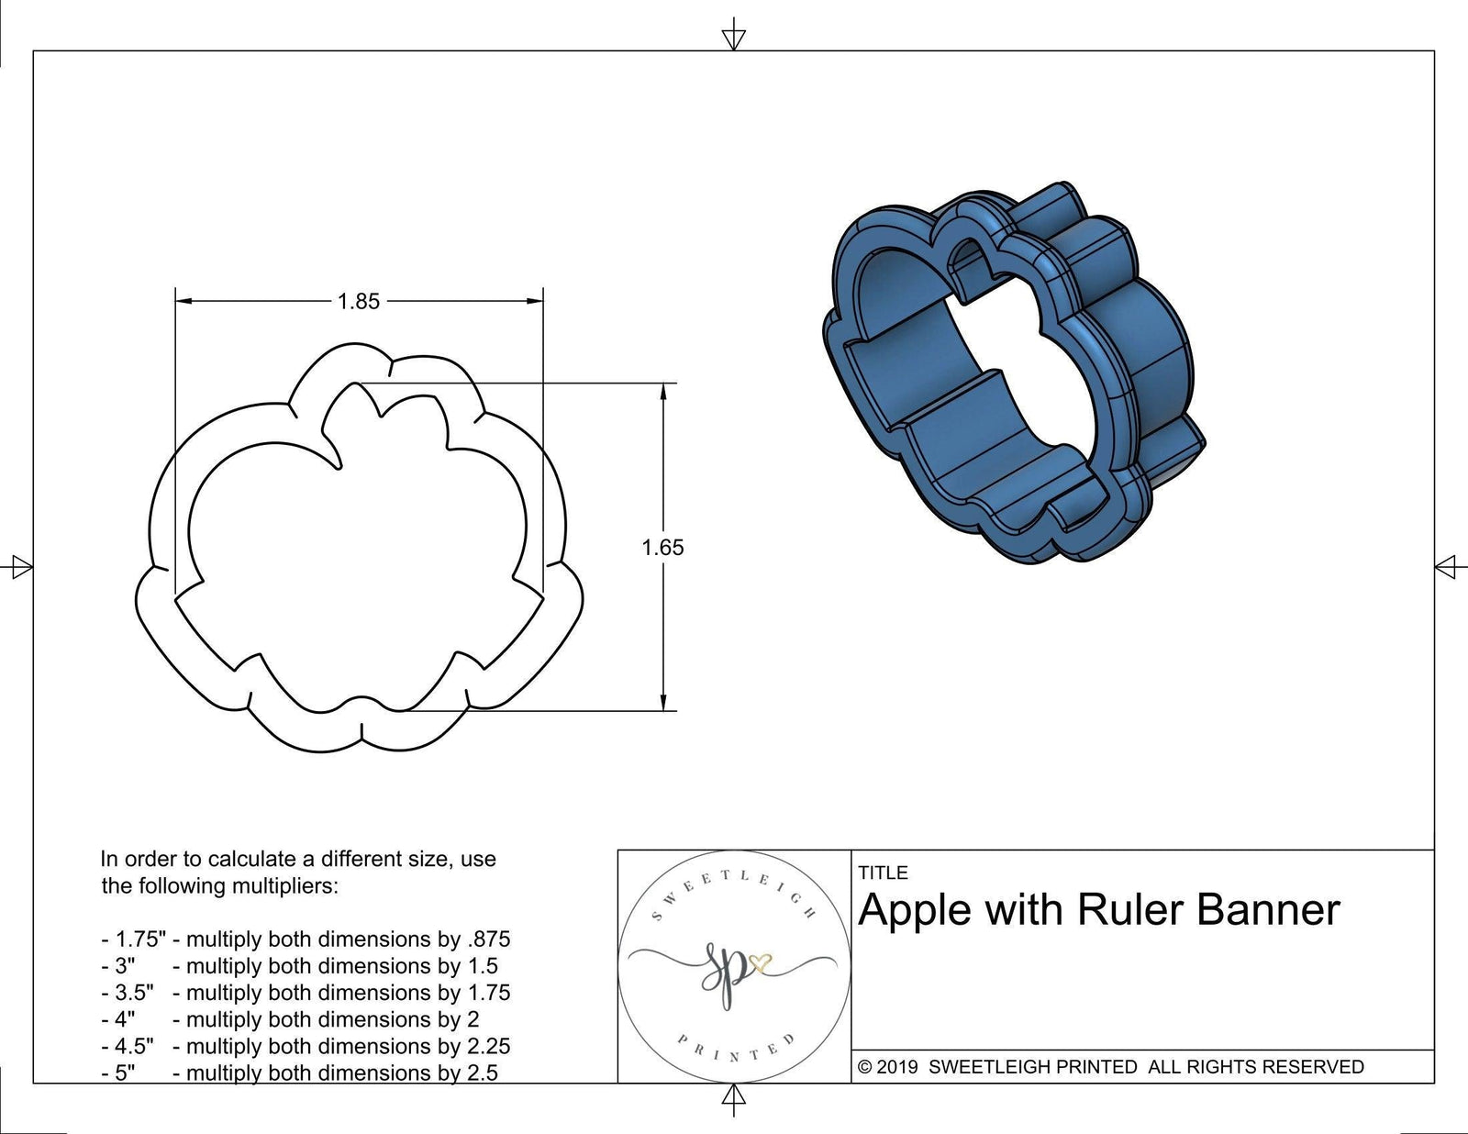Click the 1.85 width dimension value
[x=358, y=301]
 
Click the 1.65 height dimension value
[x=662, y=548]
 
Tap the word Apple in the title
[x=914, y=910]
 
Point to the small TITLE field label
[x=883, y=873]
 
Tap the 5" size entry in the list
[x=123, y=1073]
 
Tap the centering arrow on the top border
[x=733, y=38]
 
